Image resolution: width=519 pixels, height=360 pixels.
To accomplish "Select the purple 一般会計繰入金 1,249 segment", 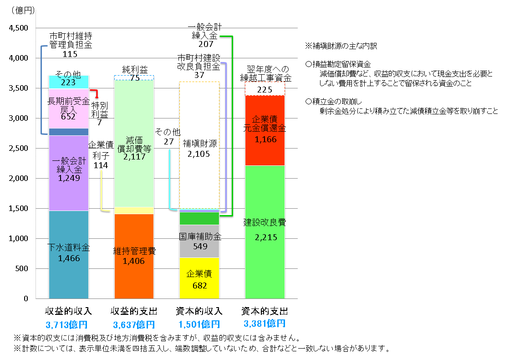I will [x=68, y=173].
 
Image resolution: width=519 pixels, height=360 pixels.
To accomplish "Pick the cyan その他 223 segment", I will [x=68, y=82].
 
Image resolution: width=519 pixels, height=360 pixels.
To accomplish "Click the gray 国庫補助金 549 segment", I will [x=199, y=241].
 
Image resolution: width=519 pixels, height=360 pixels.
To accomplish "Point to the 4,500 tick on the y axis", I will [x=19, y=28].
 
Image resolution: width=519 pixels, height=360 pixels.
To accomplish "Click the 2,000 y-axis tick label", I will [x=19, y=179].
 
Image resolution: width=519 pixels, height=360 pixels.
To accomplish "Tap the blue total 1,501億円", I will [x=199, y=324].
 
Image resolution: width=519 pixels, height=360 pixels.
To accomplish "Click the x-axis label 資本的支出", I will [x=265, y=312].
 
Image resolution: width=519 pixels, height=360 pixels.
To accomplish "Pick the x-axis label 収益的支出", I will [x=134, y=312].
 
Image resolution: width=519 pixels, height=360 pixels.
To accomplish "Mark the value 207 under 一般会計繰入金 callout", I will [x=206, y=44].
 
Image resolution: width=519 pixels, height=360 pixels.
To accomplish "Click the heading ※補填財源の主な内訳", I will [x=341, y=46].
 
